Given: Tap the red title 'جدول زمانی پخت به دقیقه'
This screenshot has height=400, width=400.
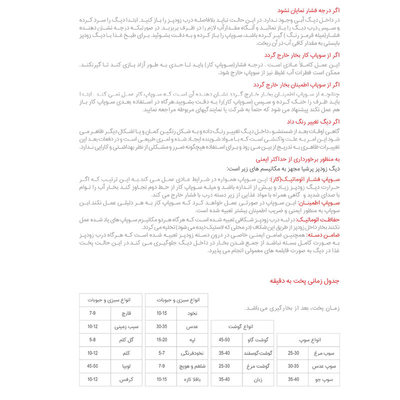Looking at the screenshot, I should [308, 281].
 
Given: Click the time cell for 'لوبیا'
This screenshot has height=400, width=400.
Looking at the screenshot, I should [92, 366].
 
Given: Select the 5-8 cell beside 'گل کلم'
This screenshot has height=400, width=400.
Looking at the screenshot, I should [92, 340].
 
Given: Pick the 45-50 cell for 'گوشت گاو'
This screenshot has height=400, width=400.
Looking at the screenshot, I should [224, 340].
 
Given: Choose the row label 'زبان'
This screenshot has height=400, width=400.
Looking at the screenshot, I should [257, 380].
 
